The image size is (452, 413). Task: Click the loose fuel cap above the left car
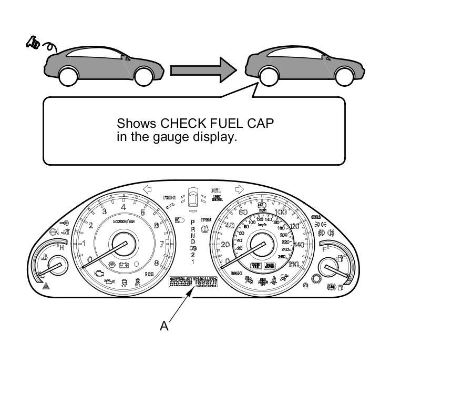click(x=33, y=43)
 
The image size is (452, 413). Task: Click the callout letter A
click(x=164, y=326)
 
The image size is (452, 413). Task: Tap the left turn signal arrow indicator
click(x=148, y=189)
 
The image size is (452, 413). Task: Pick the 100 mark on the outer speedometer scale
click(x=280, y=212)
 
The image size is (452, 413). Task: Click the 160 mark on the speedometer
click(x=293, y=264)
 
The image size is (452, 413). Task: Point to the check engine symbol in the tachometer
click(x=99, y=273)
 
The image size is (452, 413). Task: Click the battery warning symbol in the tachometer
click(x=124, y=265)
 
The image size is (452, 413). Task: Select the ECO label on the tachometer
click(x=149, y=274)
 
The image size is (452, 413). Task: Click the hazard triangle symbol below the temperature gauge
click(x=45, y=287)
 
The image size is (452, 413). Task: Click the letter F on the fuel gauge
click(x=325, y=249)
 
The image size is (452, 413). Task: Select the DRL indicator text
click(x=215, y=190)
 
